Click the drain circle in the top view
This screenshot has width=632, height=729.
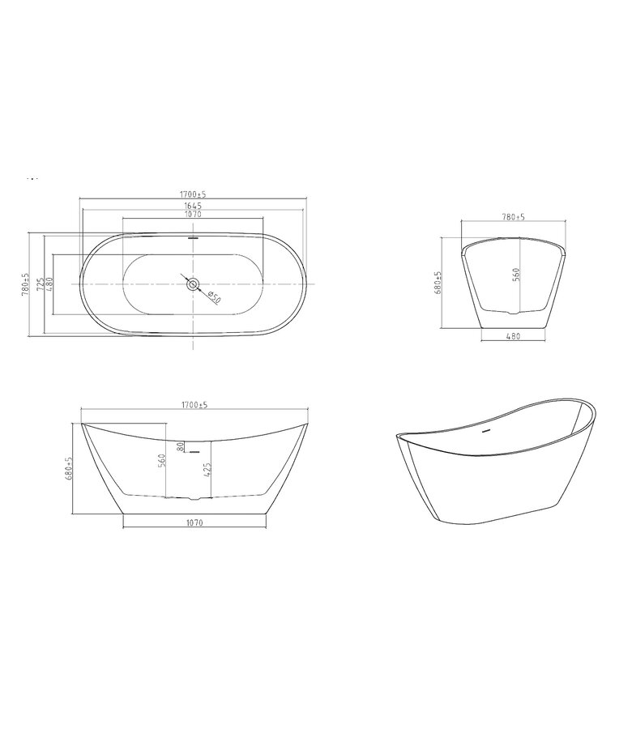193,283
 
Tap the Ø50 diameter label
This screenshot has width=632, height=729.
213,296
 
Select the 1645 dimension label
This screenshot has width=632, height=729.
193,206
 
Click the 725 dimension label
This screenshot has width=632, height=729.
41,284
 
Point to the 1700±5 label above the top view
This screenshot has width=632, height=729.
193,194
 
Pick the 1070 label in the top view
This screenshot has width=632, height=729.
193,215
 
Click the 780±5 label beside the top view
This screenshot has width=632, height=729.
25,284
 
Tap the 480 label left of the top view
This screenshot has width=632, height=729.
49,284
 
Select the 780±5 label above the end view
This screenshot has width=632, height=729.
514,216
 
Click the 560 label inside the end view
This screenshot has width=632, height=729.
516,275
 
